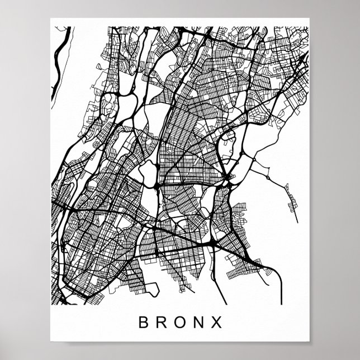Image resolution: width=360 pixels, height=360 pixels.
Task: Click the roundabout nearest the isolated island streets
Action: [267, 177]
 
